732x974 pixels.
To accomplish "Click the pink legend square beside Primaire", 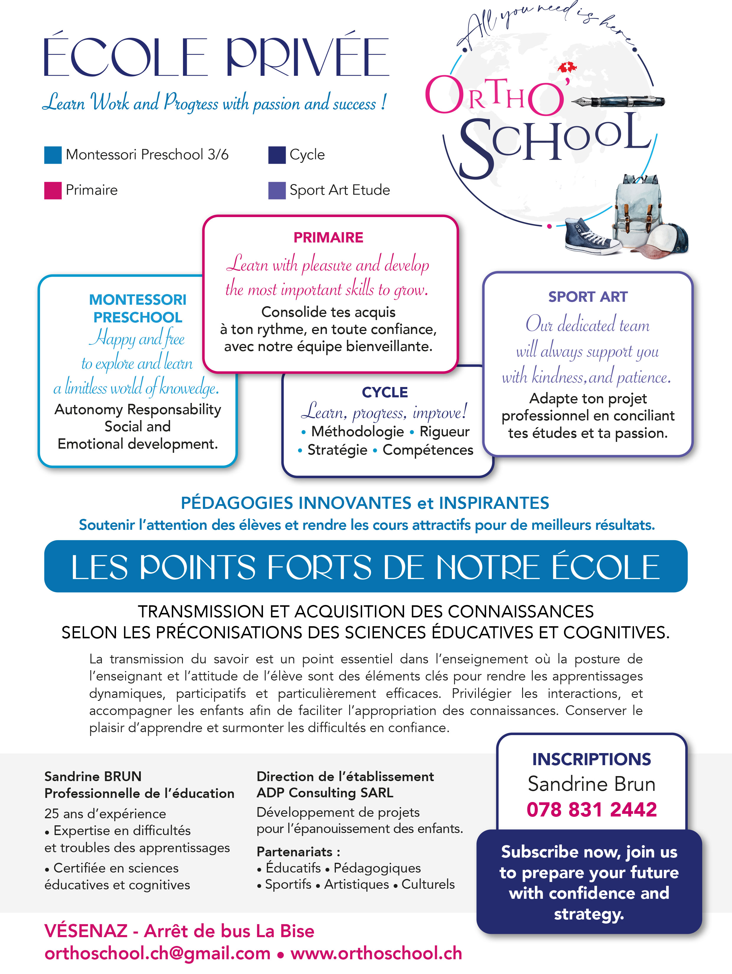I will pos(53,190).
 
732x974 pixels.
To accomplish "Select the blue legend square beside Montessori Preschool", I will pos(53,155).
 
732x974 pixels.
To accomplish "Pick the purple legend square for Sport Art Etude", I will pos(277,190).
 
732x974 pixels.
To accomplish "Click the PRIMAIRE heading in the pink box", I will pos(328,237).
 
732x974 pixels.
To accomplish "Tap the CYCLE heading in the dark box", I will pos(385,392).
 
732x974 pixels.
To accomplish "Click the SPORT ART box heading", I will pos(587,297).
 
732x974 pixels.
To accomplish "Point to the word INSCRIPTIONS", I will pos(592,759).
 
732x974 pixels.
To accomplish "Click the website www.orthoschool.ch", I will pos(376,953).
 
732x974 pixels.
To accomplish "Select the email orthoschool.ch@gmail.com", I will pos(157,953).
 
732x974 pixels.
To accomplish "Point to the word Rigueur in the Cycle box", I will pos(444,432).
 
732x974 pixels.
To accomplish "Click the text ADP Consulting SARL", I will pos(325,793).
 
